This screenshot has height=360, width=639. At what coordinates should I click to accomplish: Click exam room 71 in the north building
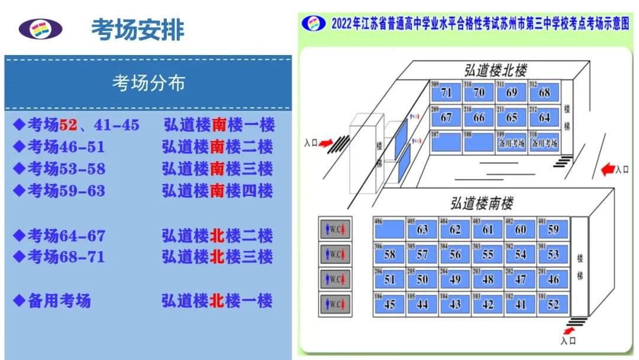coord(446,92)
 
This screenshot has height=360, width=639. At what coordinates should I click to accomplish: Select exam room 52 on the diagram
coord(553,303)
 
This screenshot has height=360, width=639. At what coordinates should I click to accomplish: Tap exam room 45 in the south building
coord(389,303)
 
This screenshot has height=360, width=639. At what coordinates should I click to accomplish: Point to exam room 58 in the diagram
coord(389,254)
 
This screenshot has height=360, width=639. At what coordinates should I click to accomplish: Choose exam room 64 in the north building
coord(544,117)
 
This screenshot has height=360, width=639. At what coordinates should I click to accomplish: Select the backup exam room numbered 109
coord(511,142)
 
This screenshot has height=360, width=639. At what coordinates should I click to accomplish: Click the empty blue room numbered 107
coord(446,142)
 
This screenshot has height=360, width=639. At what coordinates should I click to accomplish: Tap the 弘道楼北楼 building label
coord(495,71)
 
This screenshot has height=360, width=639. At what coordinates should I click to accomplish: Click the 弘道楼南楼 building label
coord(482,204)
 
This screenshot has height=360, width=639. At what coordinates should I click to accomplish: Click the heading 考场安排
coord(137,30)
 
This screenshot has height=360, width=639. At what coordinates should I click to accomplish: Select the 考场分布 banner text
coord(149,83)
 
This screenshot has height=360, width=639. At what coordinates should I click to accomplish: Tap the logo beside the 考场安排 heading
coord(40,28)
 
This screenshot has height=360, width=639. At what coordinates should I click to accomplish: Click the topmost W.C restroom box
coord(335,229)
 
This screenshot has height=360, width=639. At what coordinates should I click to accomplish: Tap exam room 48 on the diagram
coord(488,278)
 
